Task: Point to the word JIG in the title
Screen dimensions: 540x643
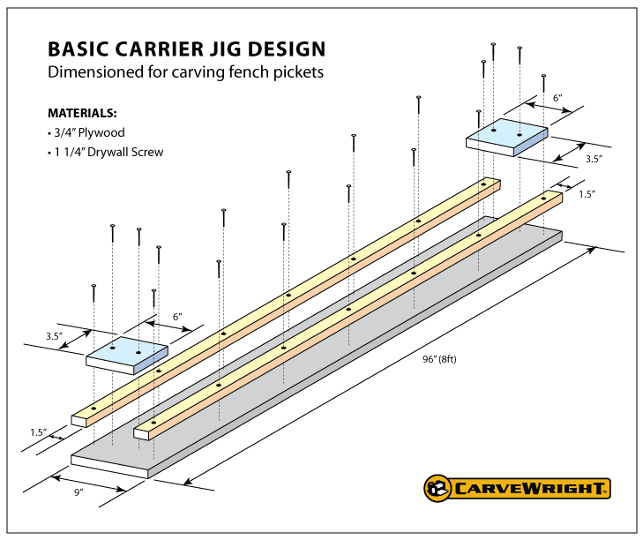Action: (224, 49)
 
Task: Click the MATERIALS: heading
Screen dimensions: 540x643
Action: (82, 114)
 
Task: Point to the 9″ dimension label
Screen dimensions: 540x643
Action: (79, 491)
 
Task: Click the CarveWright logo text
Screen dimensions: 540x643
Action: (530, 487)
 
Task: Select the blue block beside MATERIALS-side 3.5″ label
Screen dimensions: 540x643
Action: (127, 353)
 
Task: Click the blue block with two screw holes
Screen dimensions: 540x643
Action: (508, 136)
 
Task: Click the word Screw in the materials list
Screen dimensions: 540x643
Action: (148, 152)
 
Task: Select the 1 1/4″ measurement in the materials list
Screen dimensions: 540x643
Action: (68, 152)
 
